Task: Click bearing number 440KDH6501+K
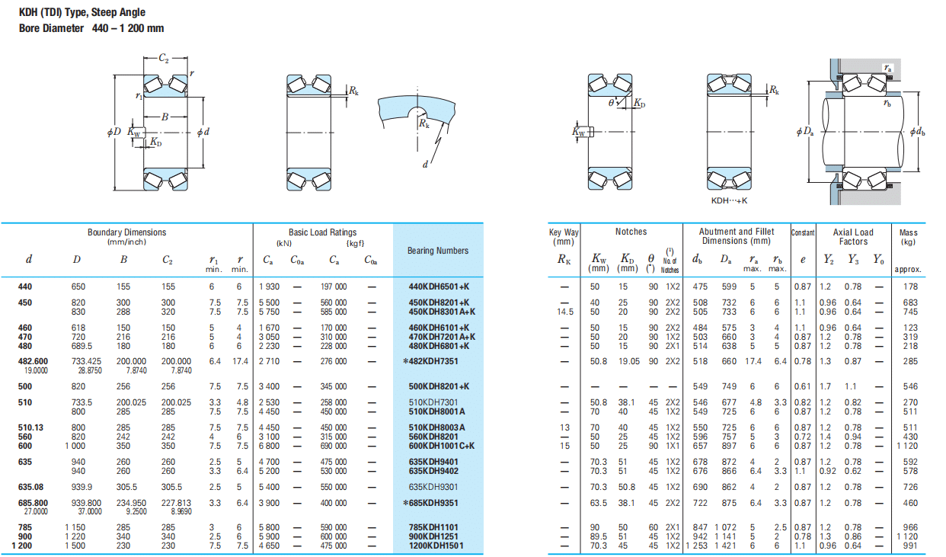439,287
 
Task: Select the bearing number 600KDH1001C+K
441,446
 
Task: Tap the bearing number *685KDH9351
431,503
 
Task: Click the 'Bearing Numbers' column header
438,251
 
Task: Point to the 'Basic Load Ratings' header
322,232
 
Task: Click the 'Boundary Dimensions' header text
126,232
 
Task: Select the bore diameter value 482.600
33,361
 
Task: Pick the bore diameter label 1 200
22,546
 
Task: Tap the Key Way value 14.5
564,312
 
